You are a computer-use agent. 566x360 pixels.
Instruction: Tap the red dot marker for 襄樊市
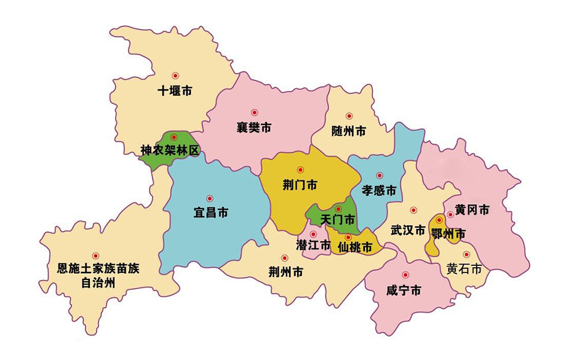(254, 113)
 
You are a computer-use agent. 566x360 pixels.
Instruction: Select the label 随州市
(349, 131)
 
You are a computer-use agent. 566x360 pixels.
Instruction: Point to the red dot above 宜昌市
(210, 198)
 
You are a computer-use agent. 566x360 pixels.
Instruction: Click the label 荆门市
(300, 185)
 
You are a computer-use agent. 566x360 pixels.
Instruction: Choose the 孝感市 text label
(378, 190)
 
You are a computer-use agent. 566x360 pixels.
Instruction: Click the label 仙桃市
(355, 248)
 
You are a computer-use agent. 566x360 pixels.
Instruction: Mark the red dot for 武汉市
(413, 210)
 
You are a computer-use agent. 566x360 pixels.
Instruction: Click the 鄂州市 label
(448, 233)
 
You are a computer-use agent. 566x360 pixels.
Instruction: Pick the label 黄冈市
(472, 210)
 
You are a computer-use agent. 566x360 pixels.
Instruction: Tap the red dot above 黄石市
(466, 254)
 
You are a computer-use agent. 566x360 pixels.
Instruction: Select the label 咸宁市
(404, 290)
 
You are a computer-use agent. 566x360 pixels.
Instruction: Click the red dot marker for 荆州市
(284, 258)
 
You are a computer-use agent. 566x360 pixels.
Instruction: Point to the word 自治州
(98, 283)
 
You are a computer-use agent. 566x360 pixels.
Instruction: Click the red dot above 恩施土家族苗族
(95, 255)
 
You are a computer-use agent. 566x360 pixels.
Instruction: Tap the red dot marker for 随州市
(349, 116)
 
